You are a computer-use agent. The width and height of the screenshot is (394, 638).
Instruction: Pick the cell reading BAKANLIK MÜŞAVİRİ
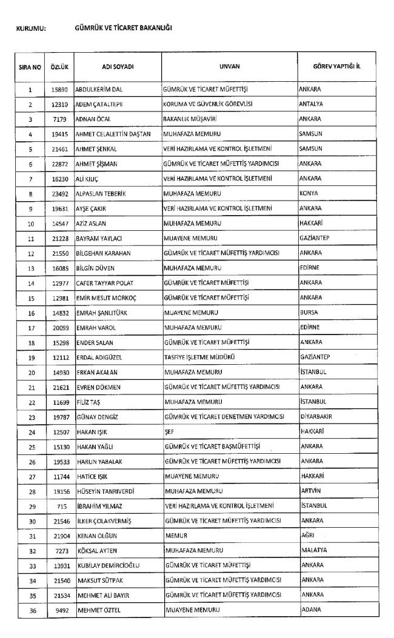(190, 119)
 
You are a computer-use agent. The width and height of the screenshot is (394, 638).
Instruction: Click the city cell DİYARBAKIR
(316, 416)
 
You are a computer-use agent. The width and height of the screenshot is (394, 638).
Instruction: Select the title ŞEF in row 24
(169, 431)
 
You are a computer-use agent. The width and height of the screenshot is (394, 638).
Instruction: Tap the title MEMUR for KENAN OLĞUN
(175, 536)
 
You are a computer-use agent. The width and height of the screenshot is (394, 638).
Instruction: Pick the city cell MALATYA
(313, 550)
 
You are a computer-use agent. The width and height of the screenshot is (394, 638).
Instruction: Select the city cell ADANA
(310, 610)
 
